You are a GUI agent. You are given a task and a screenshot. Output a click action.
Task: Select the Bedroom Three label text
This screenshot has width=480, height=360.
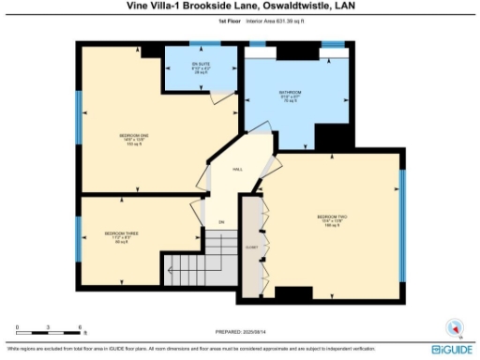coord(115,232)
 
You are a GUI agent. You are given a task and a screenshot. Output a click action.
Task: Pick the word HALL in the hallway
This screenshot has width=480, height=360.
coord(238,170)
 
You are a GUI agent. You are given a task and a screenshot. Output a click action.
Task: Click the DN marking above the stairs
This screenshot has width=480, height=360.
coord(222,221)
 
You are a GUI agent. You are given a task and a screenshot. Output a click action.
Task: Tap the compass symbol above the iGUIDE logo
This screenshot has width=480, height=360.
coord(455,327)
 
